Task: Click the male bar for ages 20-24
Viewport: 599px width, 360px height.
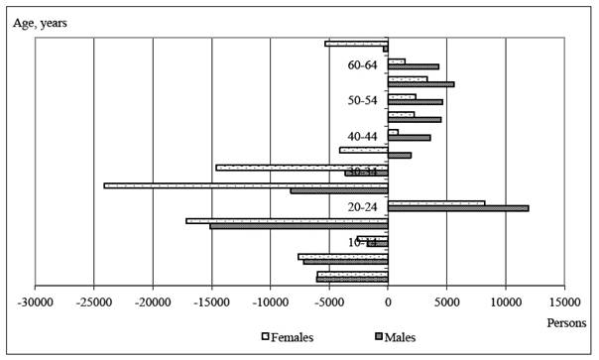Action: click(x=457, y=208)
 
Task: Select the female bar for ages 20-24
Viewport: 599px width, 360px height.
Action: click(x=435, y=202)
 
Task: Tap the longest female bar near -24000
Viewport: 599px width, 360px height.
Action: click(x=245, y=184)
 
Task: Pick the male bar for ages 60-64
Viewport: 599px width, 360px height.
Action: click(x=413, y=66)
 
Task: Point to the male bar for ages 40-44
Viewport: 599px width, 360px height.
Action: click(x=409, y=137)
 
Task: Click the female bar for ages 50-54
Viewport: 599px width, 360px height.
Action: click(x=402, y=96)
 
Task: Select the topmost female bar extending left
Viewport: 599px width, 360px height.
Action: click(x=356, y=44)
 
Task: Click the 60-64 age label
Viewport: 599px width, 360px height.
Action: click(x=363, y=65)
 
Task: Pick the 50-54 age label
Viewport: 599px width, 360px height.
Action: click(x=363, y=100)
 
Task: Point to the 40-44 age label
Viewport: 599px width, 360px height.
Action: click(x=363, y=136)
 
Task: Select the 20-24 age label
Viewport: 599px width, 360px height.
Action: click(x=363, y=206)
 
